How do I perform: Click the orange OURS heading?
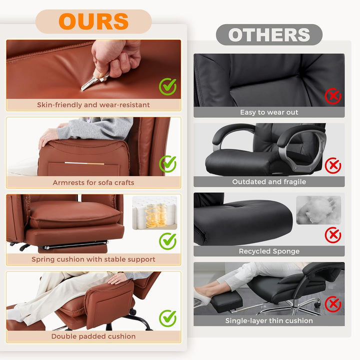93,21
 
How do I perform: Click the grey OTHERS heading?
269,34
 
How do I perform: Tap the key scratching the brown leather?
94,81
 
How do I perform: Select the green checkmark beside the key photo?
168,86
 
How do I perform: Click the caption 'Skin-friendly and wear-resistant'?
93,105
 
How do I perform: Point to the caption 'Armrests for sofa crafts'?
93,182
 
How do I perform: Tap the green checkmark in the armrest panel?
168,164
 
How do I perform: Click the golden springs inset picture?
154,212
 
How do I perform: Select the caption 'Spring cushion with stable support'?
93,259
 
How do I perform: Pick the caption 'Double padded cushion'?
93,336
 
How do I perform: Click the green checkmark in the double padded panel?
168,318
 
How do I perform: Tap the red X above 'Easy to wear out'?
333,96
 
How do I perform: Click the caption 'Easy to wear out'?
269,112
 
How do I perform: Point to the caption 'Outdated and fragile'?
269,182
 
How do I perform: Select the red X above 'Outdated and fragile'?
333,165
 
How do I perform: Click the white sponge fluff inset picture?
318,210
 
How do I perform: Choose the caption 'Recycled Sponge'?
269,251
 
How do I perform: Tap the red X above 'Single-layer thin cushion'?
333,304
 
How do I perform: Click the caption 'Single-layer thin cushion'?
269,320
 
